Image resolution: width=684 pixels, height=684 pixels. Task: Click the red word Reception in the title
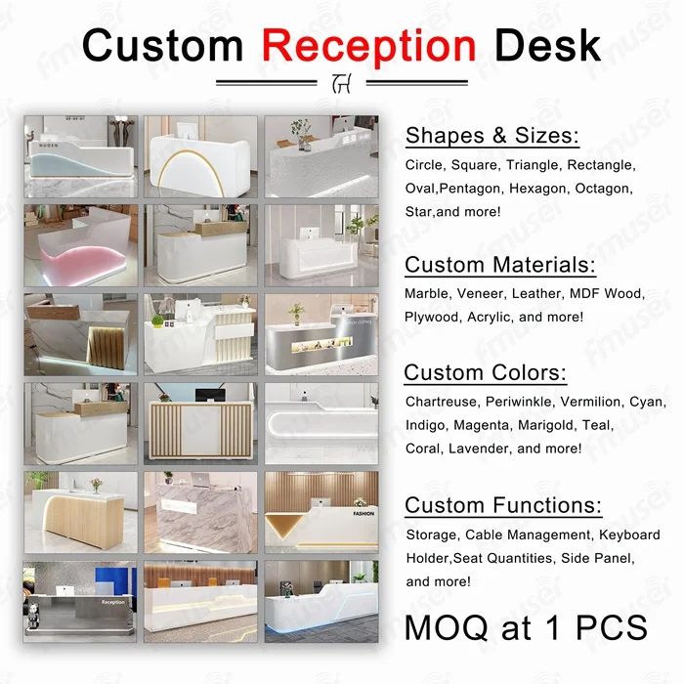369,47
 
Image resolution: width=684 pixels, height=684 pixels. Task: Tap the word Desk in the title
547,45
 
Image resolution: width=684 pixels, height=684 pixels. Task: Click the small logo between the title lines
341,83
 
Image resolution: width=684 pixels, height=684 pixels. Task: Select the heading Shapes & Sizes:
492,135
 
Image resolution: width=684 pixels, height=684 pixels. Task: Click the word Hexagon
537,189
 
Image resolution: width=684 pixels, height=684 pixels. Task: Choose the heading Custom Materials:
500,265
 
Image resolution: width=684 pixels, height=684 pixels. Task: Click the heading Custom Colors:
485,372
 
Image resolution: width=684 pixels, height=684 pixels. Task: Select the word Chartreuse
441,402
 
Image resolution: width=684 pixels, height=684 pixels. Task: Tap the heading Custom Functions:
503,505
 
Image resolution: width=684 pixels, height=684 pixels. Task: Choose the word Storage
432,535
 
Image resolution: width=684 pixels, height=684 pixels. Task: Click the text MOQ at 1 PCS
526,627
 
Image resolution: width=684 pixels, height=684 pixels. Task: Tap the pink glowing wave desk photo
81,245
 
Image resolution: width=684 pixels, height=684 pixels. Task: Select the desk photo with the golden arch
200,156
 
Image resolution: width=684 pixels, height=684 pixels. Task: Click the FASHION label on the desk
363,513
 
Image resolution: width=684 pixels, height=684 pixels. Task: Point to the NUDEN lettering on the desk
49,146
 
